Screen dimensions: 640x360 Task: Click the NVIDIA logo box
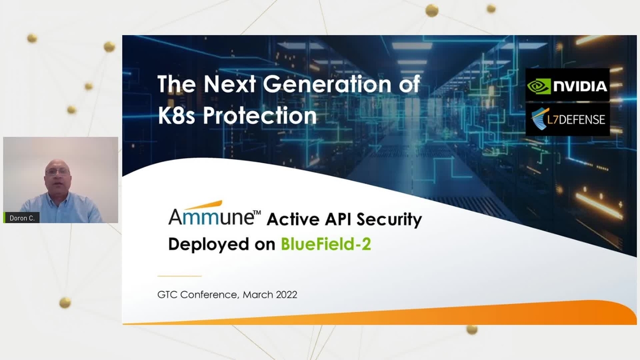(x=567, y=85)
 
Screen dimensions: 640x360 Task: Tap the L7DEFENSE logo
(x=567, y=119)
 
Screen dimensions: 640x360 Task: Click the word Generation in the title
(x=327, y=84)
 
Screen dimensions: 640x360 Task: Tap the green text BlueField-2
(x=326, y=244)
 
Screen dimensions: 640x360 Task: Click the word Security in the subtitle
(x=389, y=220)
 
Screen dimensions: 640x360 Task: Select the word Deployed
(x=209, y=245)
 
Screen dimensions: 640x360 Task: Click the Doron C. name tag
(x=21, y=218)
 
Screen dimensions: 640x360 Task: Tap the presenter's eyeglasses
(x=58, y=172)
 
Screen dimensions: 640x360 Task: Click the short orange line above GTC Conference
(x=179, y=276)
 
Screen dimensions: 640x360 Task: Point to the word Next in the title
(x=229, y=84)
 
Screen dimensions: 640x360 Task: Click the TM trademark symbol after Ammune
(x=257, y=213)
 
